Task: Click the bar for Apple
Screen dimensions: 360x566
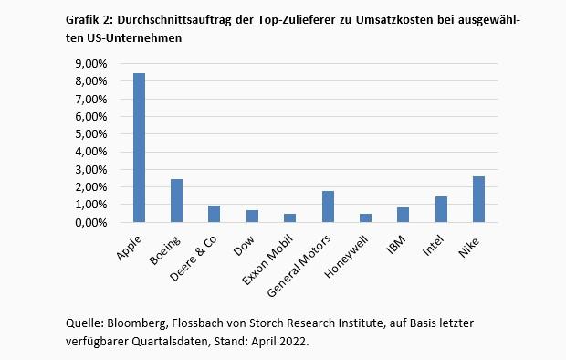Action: pyautogui.click(x=140, y=148)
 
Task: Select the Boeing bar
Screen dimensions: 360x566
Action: pyautogui.click(x=177, y=201)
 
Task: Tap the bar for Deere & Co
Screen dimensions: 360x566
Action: pyautogui.click(x=215, y=214)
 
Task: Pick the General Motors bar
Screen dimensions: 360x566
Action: pyautogui.click(x=328, y=206)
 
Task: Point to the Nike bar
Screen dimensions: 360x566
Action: pyautogui.click(x=478, y=199)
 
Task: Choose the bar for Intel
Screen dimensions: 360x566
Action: pyautogui.click(x=441, y=209)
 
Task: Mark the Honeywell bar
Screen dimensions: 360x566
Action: pyautogui.click(x=365, y=218)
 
